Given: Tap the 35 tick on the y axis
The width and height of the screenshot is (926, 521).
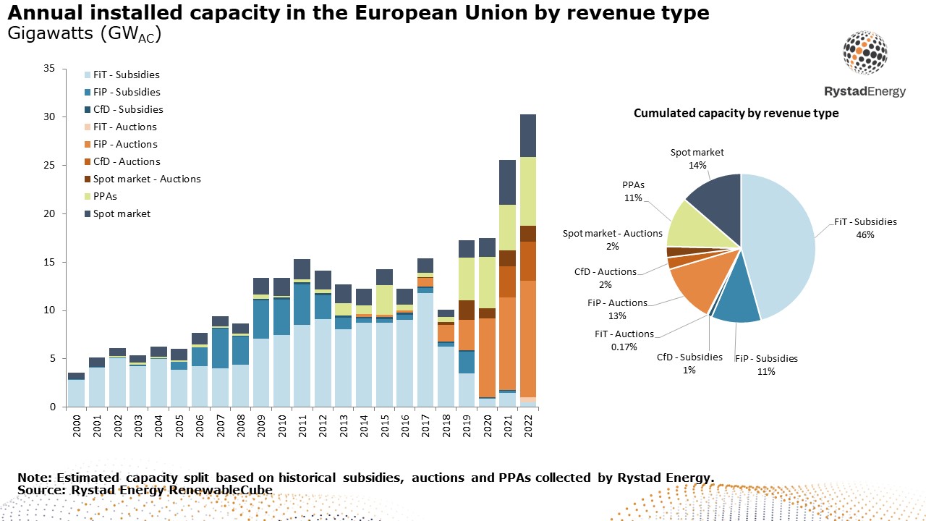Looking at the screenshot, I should pyautogui.click(x=49, y=69).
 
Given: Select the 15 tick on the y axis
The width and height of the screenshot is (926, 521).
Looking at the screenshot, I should pyautogui.click(x=49, y=262).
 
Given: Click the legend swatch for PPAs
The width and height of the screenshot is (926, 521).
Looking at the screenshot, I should pyautogui.click(x=88, y=196).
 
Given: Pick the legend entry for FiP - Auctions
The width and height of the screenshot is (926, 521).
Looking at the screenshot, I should pyautogui.click(x=125, y=144).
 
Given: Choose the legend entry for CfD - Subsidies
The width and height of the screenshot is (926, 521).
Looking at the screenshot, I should pyautogui.click(x=127, y=109).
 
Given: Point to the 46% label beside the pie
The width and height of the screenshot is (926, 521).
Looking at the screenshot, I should pyautogui.click(x=865, y=234).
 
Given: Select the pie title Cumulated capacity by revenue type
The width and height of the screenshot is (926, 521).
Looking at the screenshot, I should pyautogui.click(x=736, y=113).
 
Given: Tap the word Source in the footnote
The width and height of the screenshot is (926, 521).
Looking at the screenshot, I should pyautogui.click(x=36, y=490).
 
